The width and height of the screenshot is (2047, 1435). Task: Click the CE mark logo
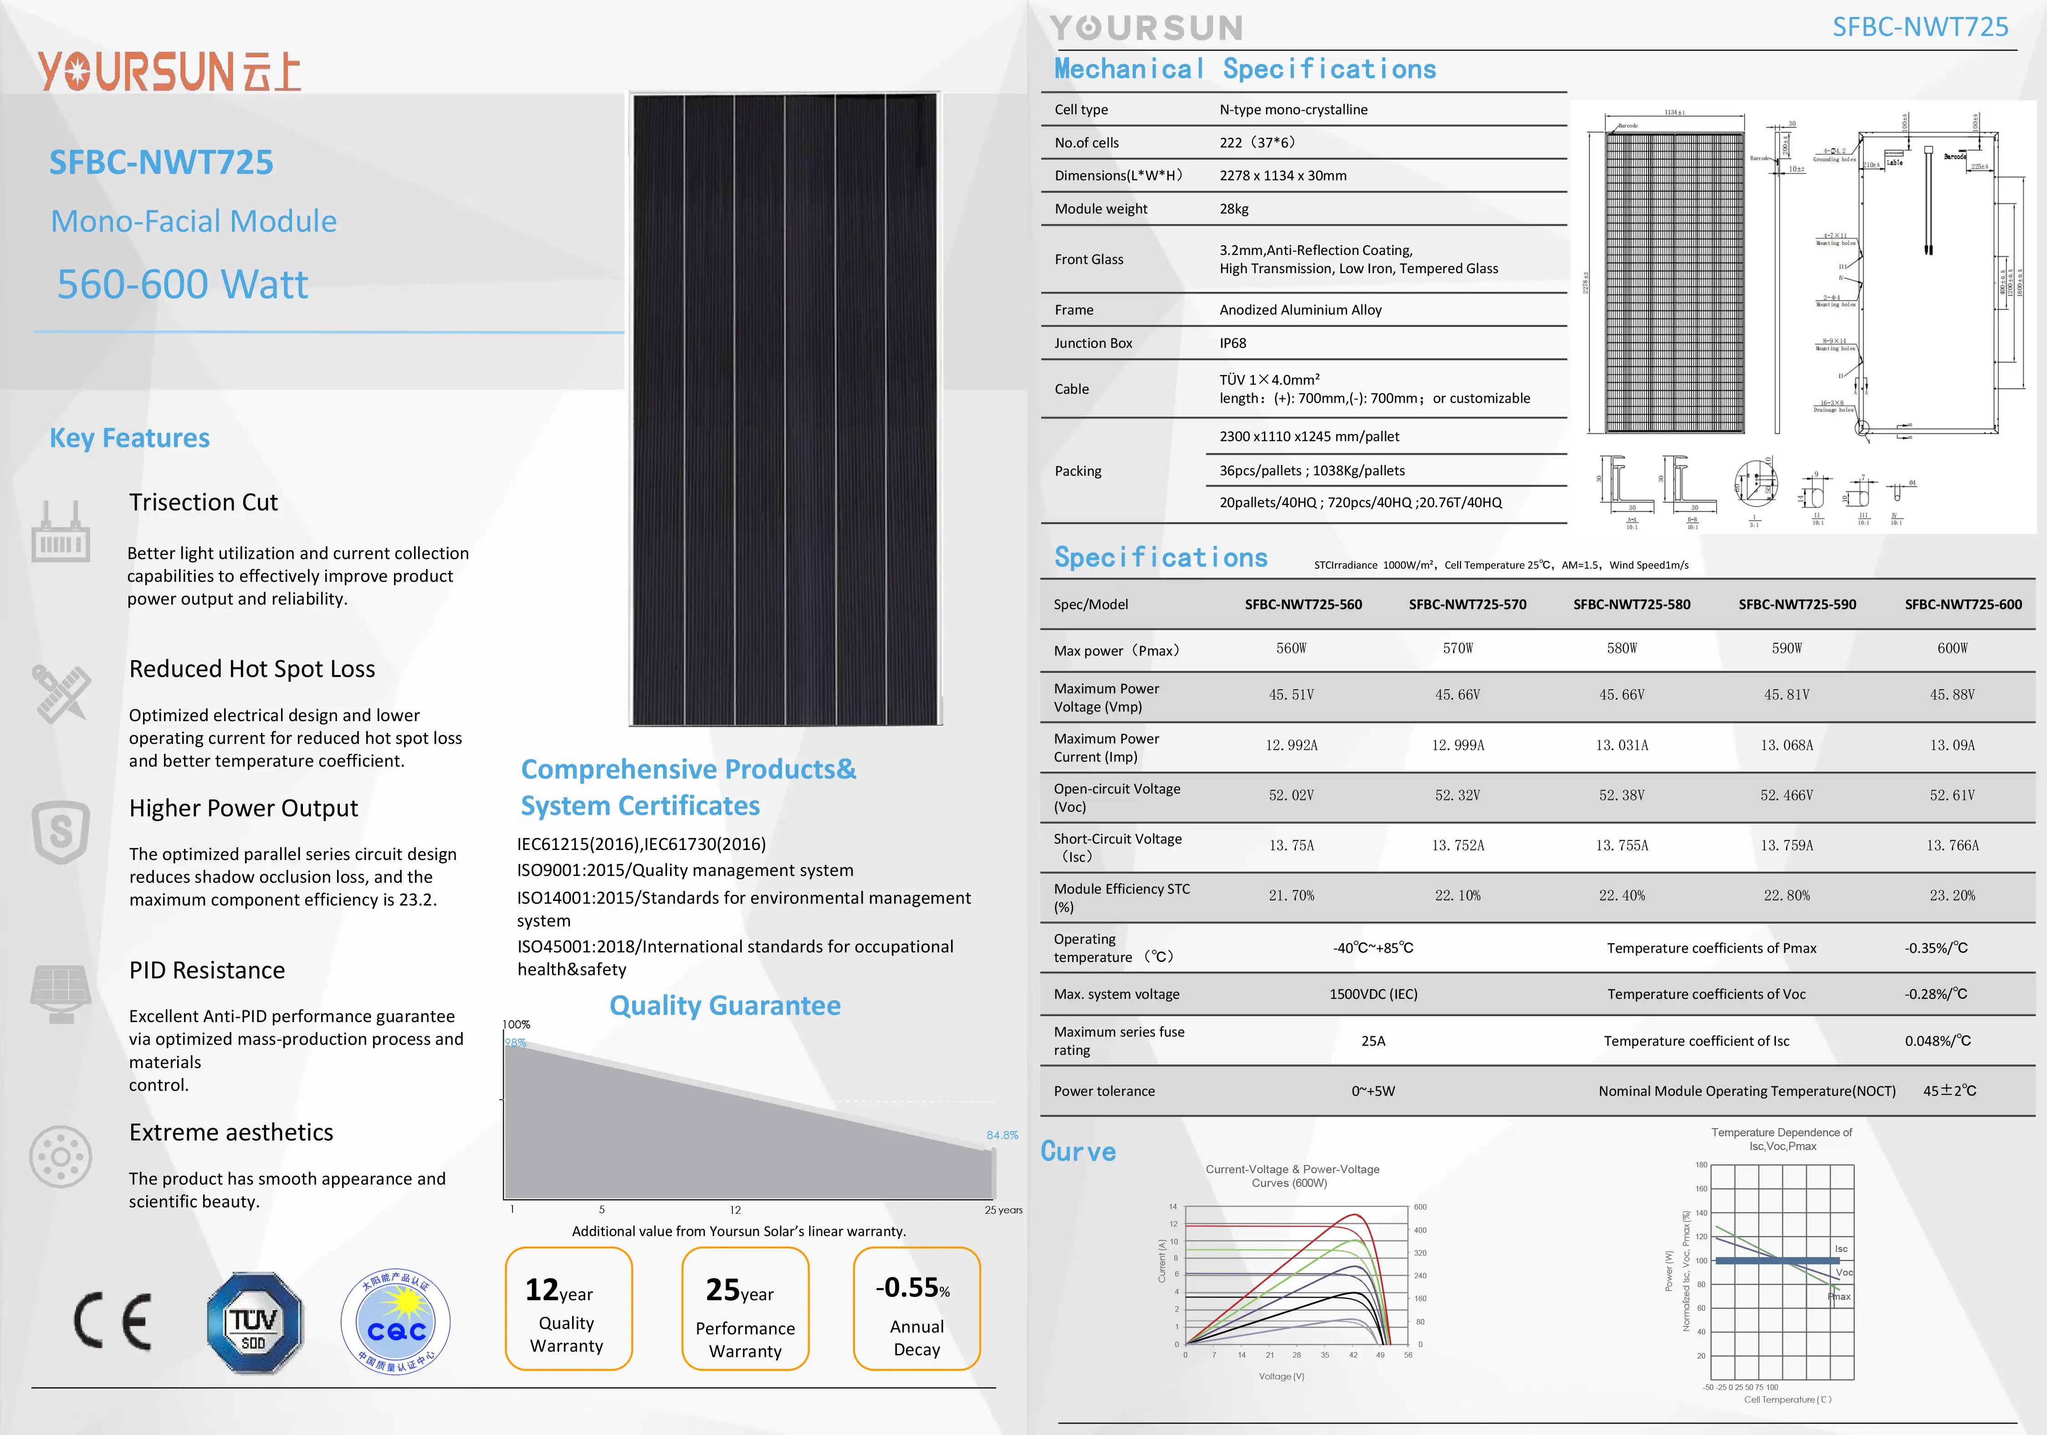click(113, 1321)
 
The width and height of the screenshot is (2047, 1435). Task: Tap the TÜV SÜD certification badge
click(255, 1323)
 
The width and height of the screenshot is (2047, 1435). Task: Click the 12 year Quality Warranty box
click(568, 1308)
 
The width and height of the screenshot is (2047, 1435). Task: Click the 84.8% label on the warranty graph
click(1002, 1135)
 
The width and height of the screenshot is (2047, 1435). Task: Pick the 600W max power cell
click(1952, 648)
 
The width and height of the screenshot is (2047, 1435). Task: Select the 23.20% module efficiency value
click(1952, 895)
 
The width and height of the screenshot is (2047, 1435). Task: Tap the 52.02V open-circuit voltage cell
click(1291, 795)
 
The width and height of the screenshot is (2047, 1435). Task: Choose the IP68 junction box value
click(1233, 343)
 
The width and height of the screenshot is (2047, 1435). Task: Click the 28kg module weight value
click(1234, 209)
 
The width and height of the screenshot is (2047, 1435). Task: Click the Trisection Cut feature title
click(203, 502)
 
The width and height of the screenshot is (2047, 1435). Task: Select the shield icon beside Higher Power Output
click(61, 832)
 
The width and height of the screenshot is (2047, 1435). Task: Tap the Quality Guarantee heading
click(725, 1005)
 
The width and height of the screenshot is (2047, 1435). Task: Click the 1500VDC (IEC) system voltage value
click(1373, 994)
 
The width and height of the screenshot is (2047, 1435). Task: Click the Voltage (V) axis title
click(1281, 1376)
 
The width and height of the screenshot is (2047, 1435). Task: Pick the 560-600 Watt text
click(183, 285)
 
